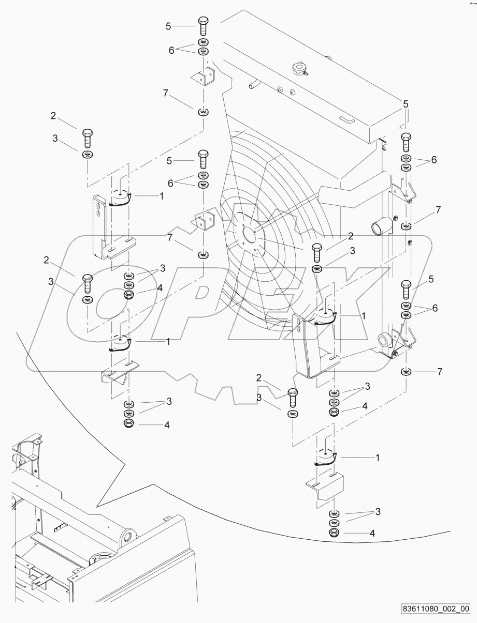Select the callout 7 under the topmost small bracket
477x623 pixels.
pyautogui.click(x=165, y=93)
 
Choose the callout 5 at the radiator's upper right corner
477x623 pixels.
pyautogui.click(x=406, y=104)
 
